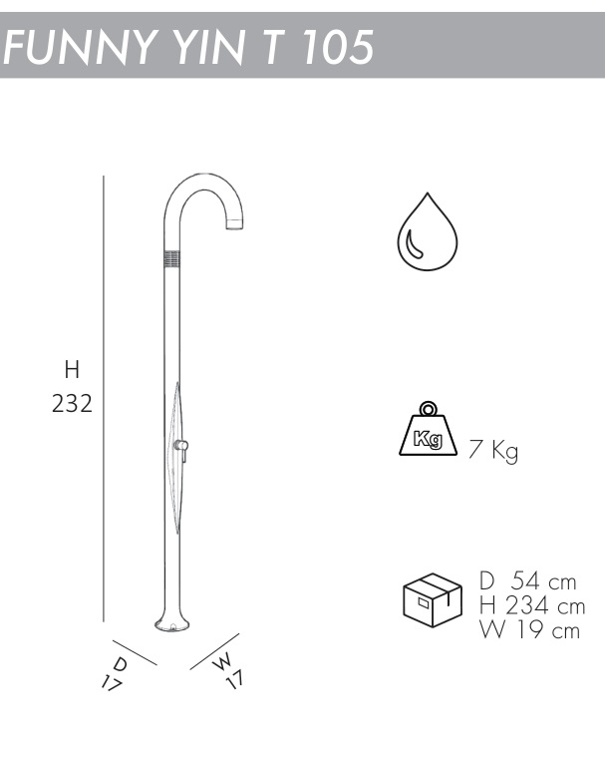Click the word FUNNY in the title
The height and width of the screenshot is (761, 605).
(78, 47)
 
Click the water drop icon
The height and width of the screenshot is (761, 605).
(428, 231)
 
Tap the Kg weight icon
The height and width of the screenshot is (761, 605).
(428, 429)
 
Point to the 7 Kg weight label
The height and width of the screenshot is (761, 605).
(493, 451)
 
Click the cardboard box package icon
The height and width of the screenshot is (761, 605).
(433, 599)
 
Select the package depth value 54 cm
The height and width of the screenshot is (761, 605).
(544, 581)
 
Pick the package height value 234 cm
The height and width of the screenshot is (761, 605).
(545, 605)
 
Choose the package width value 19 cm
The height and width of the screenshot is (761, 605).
(547, 630)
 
